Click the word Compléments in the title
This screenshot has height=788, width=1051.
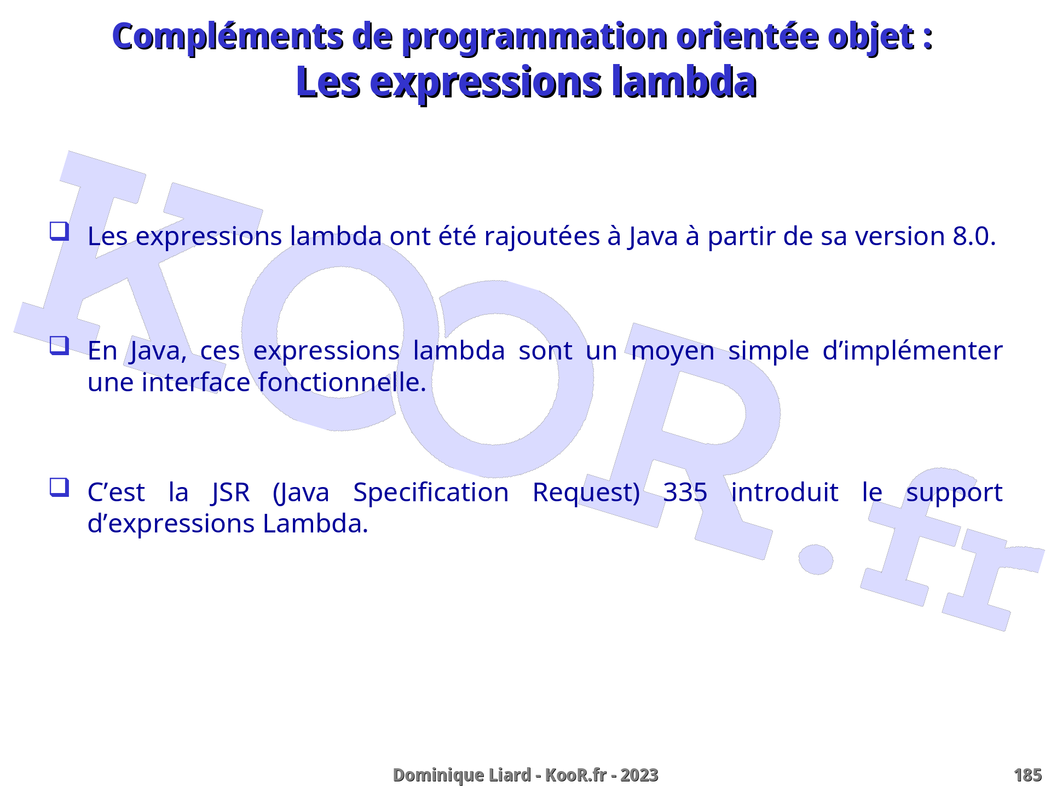[x=228, y=37]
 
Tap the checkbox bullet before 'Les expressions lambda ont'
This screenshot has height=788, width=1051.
[x=59, y=231]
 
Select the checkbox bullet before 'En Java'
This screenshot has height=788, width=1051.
[x=59, y=346]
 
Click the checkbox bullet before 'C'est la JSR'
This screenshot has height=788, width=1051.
[x=59, y=487]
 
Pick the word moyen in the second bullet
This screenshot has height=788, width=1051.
[x=673, y=352]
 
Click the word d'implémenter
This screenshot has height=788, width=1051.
[x=913, y=351]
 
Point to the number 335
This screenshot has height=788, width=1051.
[x=685, y=493]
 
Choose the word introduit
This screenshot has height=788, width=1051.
[x=784, y=493]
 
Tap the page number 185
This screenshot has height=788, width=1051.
[x=1027, y=775]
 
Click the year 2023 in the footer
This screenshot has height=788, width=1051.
[x=639, y=775]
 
